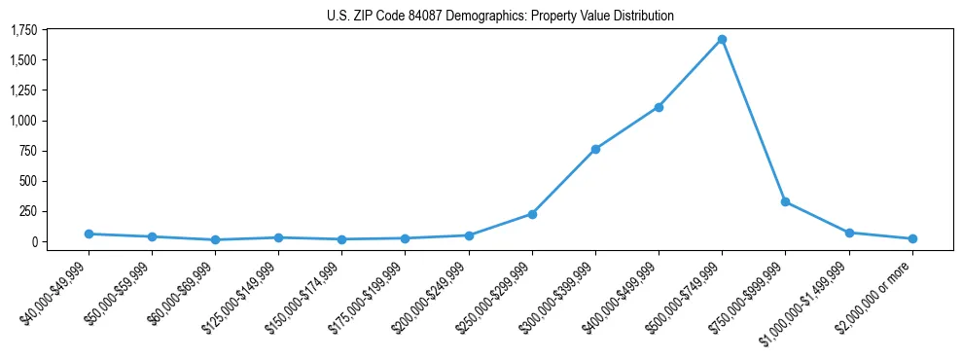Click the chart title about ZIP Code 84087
[x=481, y=16]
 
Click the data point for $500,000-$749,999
[x=722, y=40]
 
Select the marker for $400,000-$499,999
[x=659, y=107]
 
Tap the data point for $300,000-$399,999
[x=595, y=149]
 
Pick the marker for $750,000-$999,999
[x=785, y=201]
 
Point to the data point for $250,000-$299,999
[x=532, y=214]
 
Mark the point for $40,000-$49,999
[x=89, y=234]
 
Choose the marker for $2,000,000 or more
[x=912, y=238]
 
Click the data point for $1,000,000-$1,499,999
[x=849, y=233]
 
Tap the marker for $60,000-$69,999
[x=215, y=239]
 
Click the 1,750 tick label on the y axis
[x=24, y=30]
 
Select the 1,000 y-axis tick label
[x=24, y=121]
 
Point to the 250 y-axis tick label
[x=29, y=211]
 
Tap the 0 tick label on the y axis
[x=34, y=241]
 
